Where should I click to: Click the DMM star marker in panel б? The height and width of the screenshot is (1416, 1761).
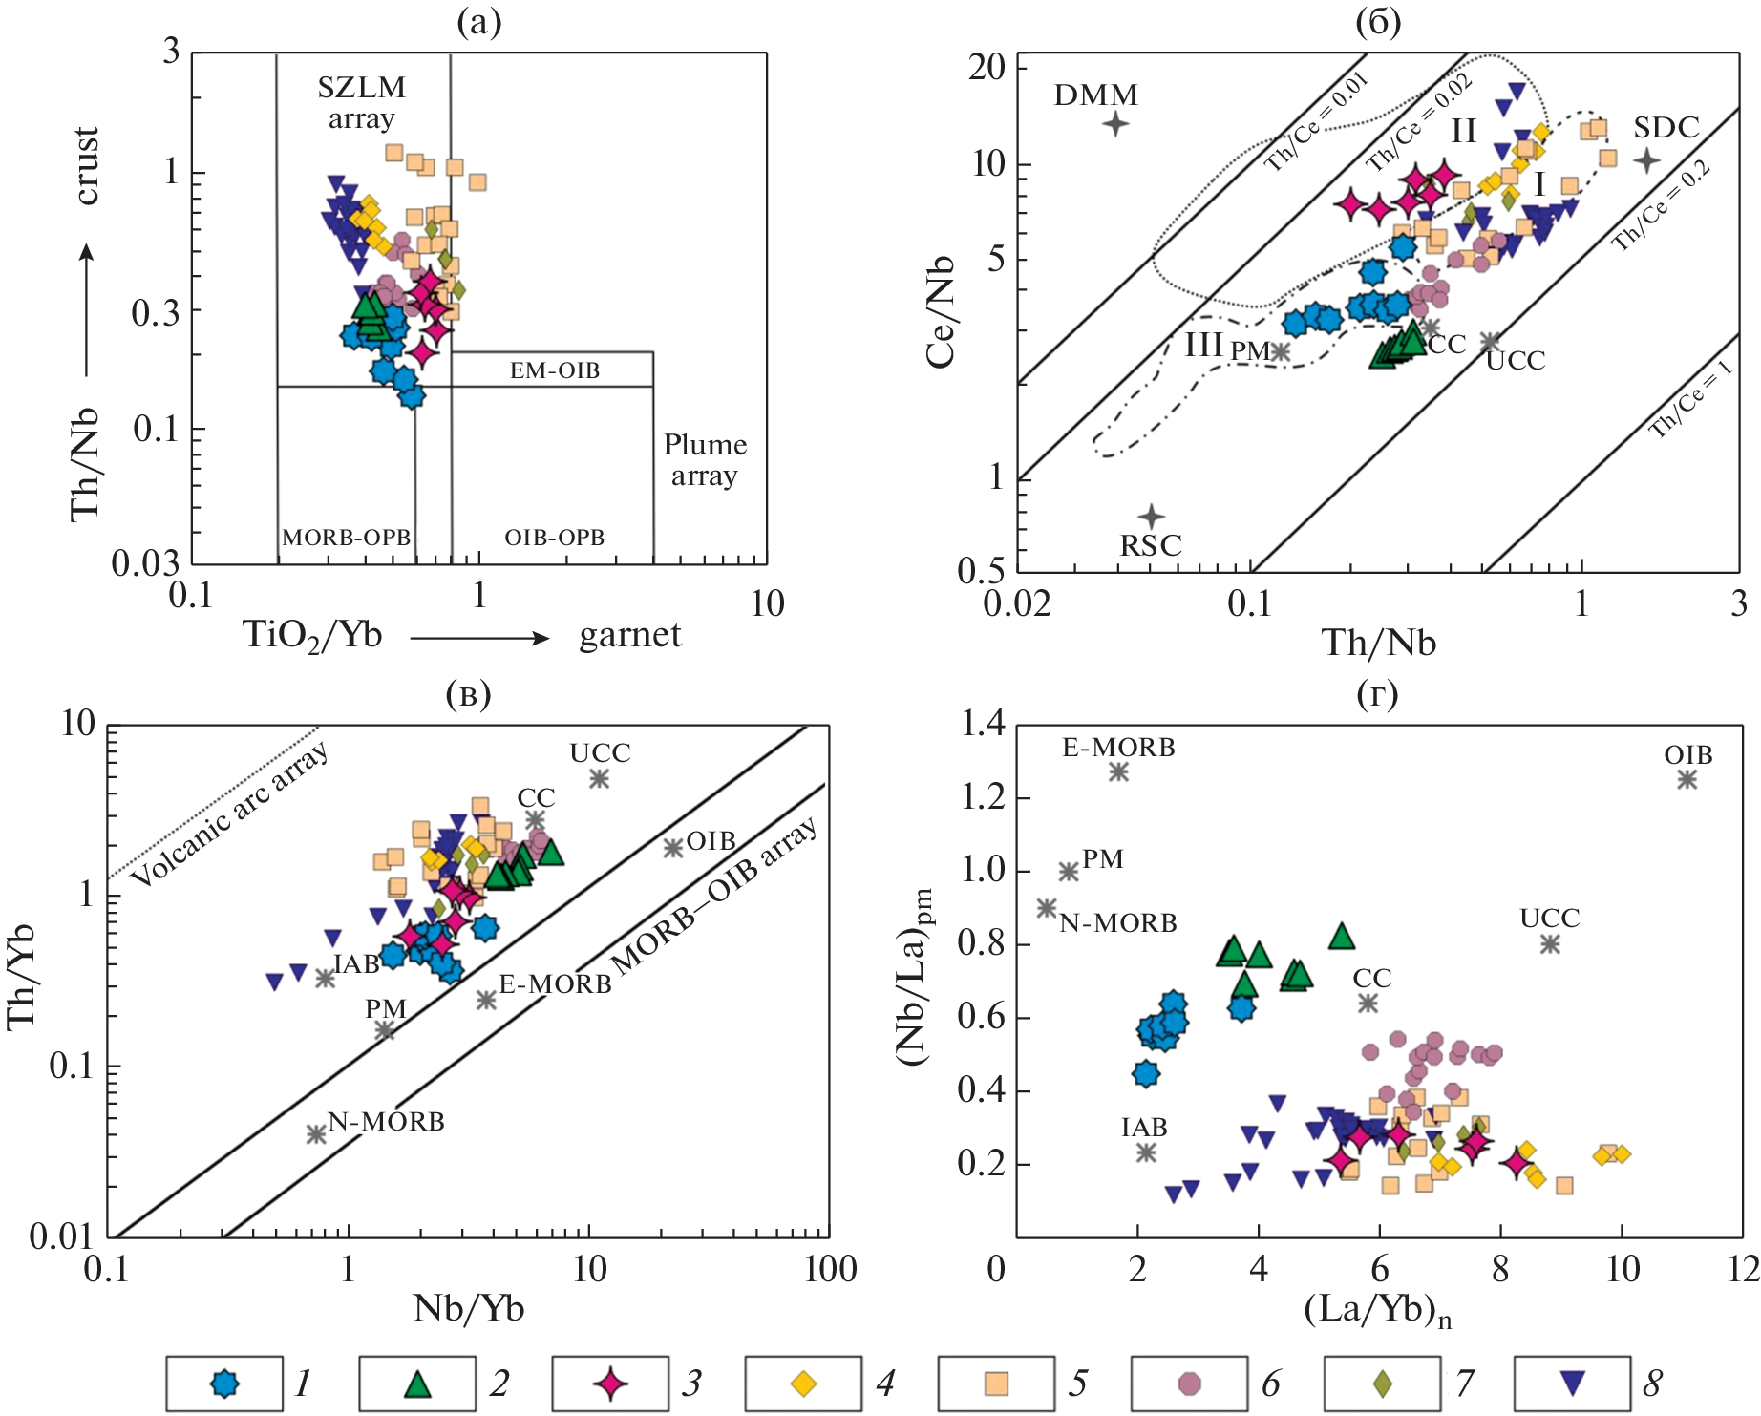click(1115, 123)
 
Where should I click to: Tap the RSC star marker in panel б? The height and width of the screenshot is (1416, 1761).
click(1152, 517)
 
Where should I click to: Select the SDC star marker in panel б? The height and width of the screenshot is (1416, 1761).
click(1646, 160)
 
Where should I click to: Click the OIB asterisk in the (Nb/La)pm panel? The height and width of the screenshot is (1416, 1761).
click(1687, 779)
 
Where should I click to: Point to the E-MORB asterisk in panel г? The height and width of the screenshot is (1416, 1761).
click(1118, 771)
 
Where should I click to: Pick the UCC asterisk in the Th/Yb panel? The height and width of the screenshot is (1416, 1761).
click(600, 778)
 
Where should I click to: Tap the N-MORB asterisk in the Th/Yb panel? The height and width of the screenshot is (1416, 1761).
click(316, 1134)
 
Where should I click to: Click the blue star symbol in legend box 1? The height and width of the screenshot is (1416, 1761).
click(224, 1383)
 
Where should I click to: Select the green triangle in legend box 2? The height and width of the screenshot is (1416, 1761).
click(417, 1383)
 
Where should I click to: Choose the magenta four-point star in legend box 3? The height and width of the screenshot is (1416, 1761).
click(610, 1383)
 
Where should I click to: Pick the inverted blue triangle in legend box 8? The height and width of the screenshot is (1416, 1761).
click(1572, 1383)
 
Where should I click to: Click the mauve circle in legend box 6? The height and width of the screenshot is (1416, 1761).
click(1189, 1383)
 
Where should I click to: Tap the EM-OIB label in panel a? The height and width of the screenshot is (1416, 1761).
click(555, 370)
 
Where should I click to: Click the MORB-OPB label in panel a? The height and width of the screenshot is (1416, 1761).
click(346, 538)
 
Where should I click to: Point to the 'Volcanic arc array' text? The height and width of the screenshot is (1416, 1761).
click(229, 814)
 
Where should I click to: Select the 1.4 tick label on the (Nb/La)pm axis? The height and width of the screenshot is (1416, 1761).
click(983, 725)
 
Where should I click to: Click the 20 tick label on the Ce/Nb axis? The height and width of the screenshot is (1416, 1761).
click(987, 67)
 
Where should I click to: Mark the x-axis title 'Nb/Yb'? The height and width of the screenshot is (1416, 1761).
click(468, 1307)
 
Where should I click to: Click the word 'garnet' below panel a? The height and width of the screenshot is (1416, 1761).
click(630, 635)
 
